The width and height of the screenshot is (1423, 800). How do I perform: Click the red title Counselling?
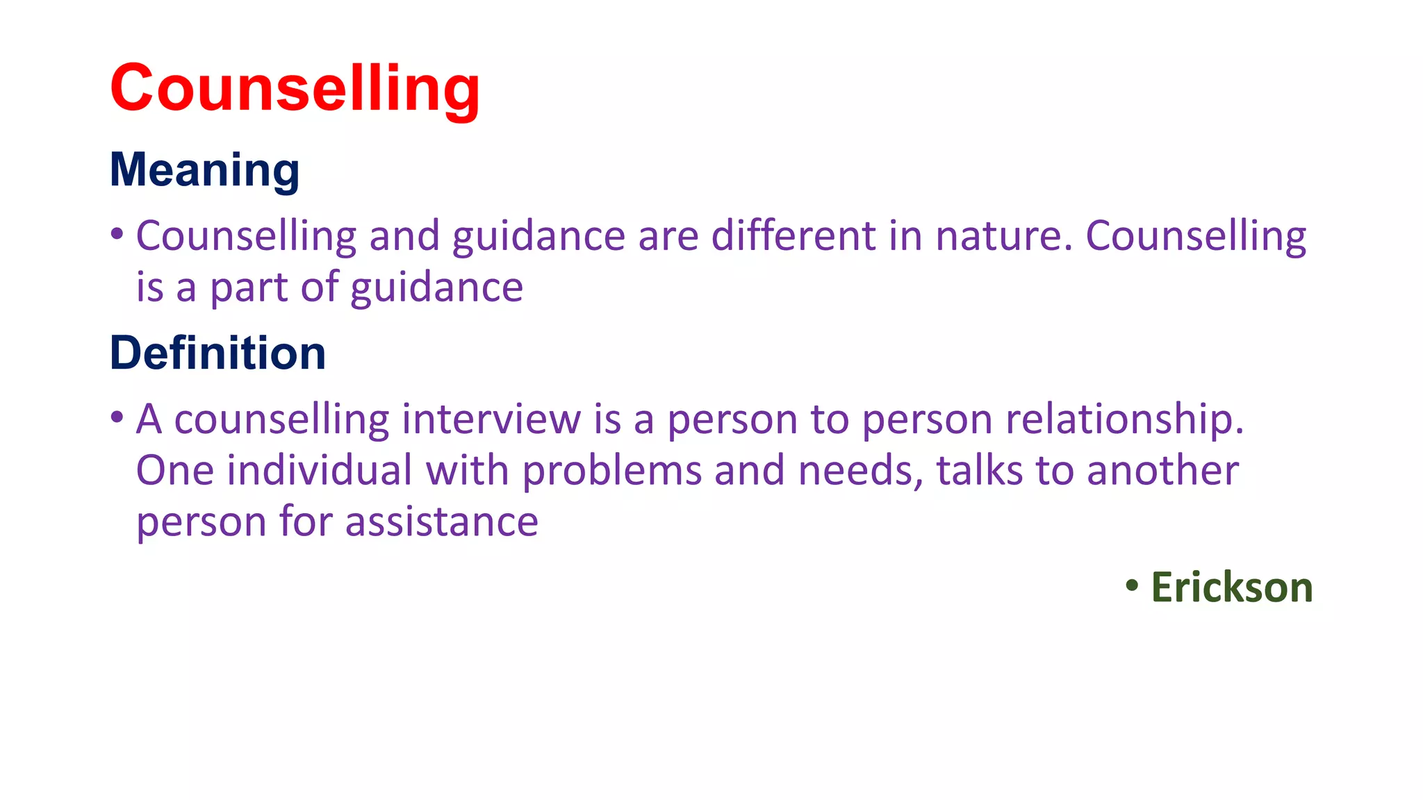[x=295, y=88]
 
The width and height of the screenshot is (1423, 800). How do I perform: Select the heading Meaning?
[x=204, y=170]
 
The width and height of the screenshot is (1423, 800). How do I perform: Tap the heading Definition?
[x=217, y=353]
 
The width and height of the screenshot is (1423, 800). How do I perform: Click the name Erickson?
[x=1231, y=587]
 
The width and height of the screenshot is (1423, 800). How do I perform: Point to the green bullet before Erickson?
[x=1132, y=585]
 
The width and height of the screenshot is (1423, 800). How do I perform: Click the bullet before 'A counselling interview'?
[x=117, y=417]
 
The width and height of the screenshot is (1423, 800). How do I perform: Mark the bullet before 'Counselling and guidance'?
[x=117, y=234]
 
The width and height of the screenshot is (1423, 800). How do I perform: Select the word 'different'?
[x=793, y=235]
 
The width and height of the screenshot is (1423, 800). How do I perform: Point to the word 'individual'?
[x=320, y=470]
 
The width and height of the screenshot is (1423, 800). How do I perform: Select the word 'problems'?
[x=612, y=470]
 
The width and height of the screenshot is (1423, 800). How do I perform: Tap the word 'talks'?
[x=979, y=470]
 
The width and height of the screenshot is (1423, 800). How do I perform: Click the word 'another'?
[x=1162, y=470]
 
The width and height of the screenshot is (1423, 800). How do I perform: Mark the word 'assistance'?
[x=441, y=522]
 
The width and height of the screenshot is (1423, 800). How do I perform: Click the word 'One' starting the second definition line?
[x=174, y=470]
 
